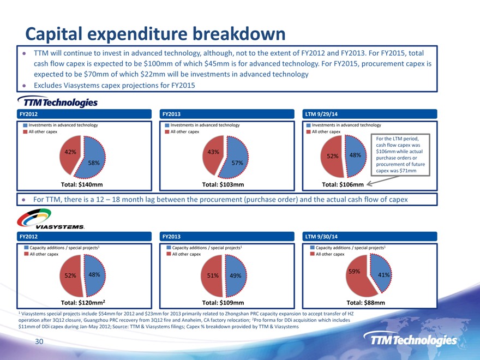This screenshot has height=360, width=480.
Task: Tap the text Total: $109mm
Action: click(223, 302)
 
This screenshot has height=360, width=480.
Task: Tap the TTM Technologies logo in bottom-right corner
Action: click(413, 340)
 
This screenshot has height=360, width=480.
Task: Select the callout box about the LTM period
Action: click(399, 154)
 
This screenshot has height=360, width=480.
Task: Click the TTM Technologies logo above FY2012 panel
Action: click(58, 102)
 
